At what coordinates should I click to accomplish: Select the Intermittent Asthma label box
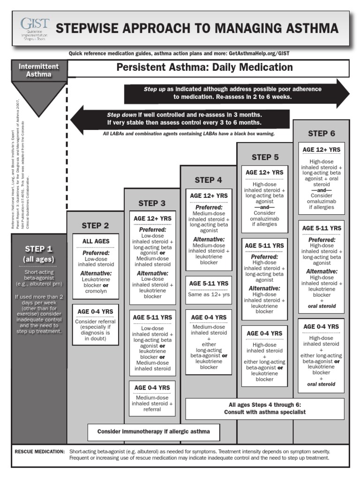click(x=39, y=70)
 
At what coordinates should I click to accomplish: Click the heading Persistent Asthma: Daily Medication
click(x=204, y=67)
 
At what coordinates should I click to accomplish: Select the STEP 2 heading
click(x=95, y=225)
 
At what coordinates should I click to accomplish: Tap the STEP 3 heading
click(x=152, y=203)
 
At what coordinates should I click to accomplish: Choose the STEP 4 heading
click(x=209, y=180)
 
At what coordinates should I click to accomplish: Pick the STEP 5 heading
click(x=265, y=157)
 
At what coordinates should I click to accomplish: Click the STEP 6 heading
click(x=321, y=134)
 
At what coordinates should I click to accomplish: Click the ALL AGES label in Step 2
click(x=96, y=241)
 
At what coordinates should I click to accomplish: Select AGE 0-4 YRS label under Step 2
click(x=96, y=312)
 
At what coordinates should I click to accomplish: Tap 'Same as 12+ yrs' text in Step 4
click(x=209, y=294)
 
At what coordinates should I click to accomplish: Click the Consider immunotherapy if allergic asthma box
click(x=153, y=431)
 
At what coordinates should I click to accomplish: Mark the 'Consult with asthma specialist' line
click(x=265, y=412)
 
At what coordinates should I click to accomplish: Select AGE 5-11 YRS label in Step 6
click(x=321, y=228)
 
